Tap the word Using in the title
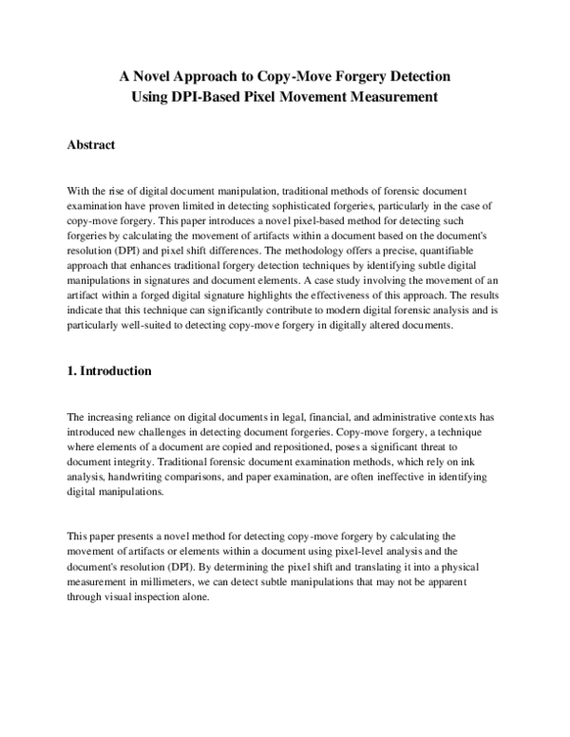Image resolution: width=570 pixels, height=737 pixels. point(153,96)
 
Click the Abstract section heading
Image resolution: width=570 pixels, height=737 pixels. point(91,145)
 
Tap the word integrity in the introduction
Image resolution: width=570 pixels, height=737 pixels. point(132,463)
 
